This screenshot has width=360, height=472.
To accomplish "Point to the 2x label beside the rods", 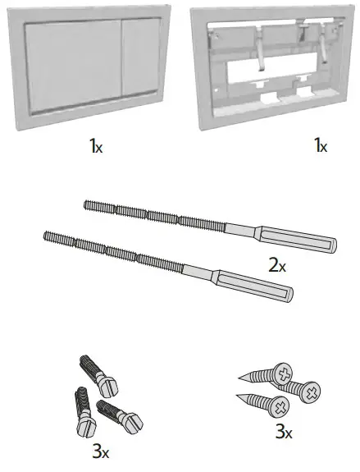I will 278,266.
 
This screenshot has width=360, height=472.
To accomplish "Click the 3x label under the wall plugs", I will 100,452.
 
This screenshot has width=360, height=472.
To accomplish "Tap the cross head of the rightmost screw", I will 309,395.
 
